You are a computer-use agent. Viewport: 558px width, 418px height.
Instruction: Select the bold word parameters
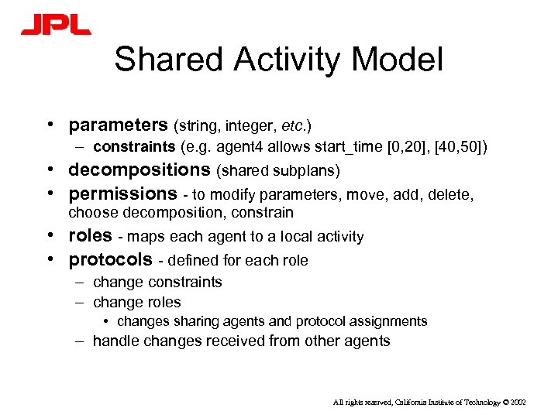tap(118, 125)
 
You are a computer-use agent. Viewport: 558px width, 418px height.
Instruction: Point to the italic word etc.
tap(295, 125)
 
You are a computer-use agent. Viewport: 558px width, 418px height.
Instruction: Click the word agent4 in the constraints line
tap(240, 147)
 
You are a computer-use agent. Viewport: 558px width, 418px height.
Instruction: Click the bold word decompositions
tap(139, 170)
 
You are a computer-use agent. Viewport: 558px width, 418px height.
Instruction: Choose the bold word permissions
tap(123, 193)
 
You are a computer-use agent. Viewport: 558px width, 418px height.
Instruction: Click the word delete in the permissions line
tap(451, 194)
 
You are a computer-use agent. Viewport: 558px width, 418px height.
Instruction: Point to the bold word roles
tap(90, 236)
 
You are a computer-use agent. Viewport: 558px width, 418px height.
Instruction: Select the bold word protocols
tap(111, 259)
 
